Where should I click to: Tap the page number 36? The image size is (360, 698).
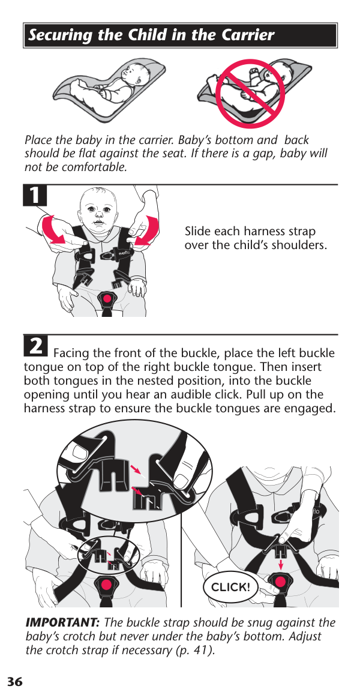pos(14,682)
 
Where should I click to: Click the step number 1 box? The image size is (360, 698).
pos(35,196)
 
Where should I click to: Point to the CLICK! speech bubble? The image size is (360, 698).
pos(230,587)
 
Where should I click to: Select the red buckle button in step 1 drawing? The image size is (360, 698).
pos(107,298)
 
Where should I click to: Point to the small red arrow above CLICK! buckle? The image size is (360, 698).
pos(281,564)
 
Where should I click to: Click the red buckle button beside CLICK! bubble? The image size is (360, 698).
pos(280,582)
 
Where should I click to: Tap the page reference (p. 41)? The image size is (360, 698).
pos(194,650)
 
